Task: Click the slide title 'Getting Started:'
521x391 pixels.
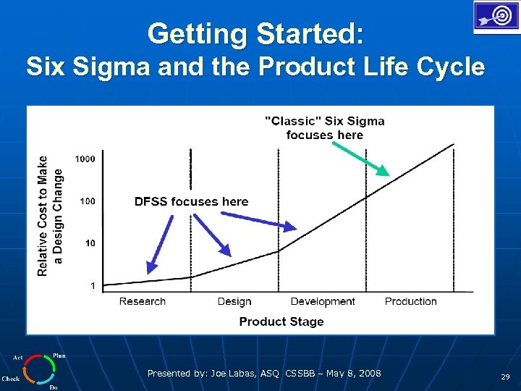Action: [x=256, y=33]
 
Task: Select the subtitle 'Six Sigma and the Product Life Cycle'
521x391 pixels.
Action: [x=255, y=67]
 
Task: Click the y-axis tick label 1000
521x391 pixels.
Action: [x=85, y=159]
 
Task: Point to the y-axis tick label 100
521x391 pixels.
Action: [x=87, y=201]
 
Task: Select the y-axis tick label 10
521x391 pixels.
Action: [x=90, y=243]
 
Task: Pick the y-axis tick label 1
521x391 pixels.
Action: [x=93, y=286]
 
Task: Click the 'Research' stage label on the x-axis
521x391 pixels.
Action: [x=142, y=301]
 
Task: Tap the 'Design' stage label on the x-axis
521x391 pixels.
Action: [x=234, y=301]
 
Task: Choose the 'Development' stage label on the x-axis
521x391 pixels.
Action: [x=323, y=301]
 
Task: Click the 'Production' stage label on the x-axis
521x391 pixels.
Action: [x=410, y=301]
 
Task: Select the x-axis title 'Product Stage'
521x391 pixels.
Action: [x=281, y=321]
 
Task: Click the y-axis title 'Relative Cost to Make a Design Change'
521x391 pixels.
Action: [x=50, y=216]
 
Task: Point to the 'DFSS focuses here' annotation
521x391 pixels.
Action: [x=191, y=201]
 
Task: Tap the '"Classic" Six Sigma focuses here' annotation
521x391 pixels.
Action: [x=325, y=128]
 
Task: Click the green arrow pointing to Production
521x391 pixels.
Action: [x=360, y=159]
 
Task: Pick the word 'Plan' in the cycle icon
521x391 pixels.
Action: [x=59, y=356]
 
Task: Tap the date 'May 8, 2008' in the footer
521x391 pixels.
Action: [x=353, y=374]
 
